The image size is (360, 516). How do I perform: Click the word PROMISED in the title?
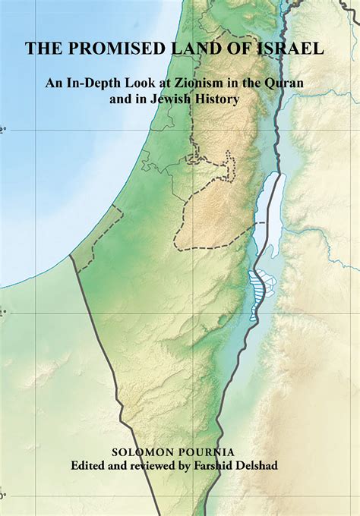pos(113,49)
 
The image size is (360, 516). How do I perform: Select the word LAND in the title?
pos(200,49)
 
